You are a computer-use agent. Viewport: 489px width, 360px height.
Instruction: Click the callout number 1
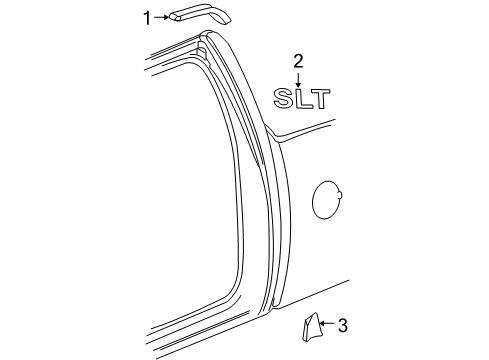coord(147,16)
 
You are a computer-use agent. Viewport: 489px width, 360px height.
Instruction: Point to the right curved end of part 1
coord(225,17)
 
